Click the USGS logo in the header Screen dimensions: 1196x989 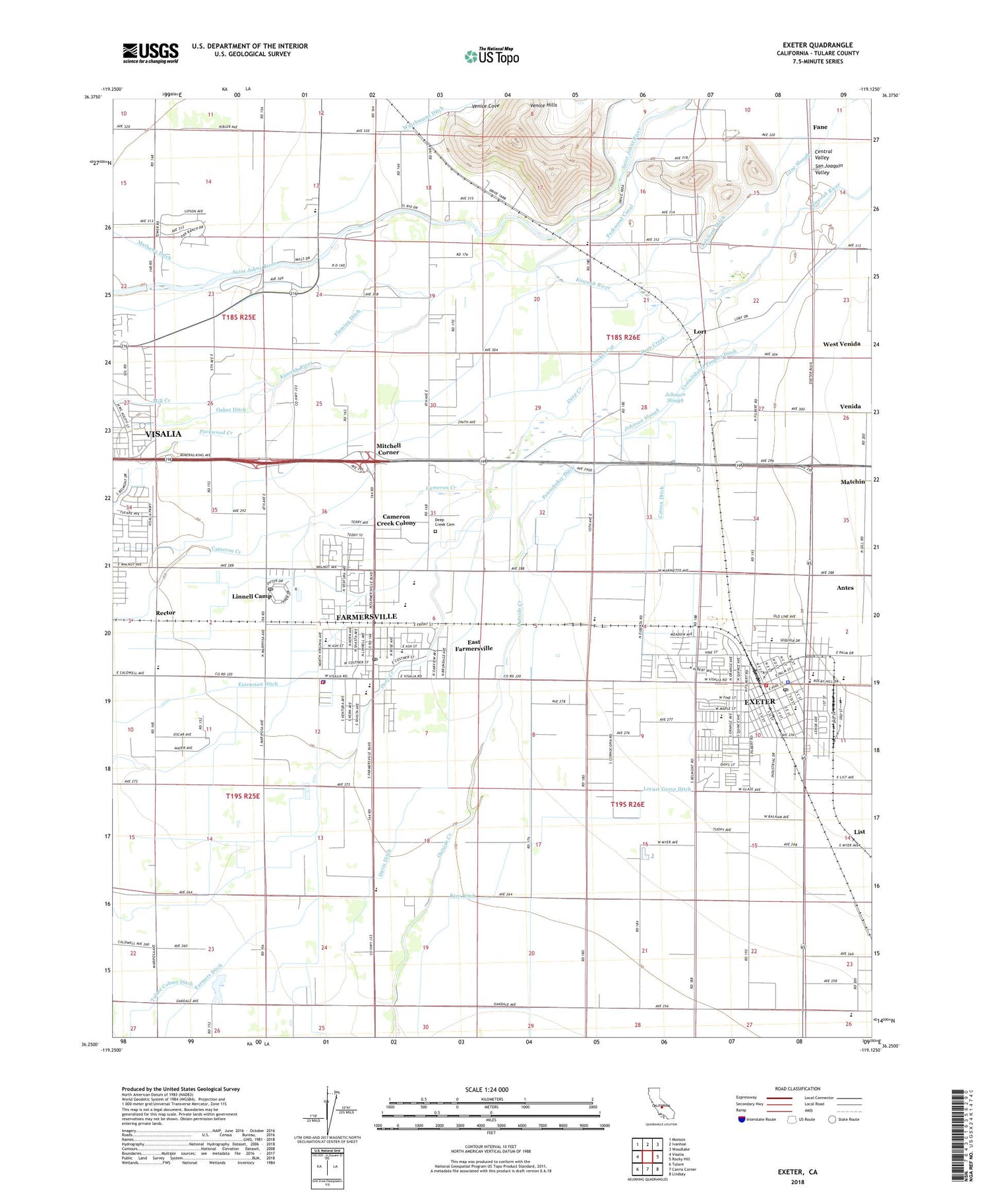point(150,53)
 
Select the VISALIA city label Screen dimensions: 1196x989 point(163,433)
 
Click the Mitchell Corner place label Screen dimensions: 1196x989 point(388,449)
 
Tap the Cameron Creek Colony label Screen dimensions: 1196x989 point(396,520)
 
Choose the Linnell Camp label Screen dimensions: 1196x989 point(252,596)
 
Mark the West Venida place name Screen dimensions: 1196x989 point(841,344)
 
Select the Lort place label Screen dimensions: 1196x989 point(700,331)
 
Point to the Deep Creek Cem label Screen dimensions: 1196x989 point(444,522)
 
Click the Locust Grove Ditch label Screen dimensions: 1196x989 point(667,789)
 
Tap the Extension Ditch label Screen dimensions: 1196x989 point(258,684)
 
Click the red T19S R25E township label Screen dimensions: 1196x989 point(243,796)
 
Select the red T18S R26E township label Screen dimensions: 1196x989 point(623,337)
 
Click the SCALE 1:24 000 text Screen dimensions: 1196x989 point(487,1089)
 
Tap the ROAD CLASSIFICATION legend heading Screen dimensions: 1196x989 point(798,1088)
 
